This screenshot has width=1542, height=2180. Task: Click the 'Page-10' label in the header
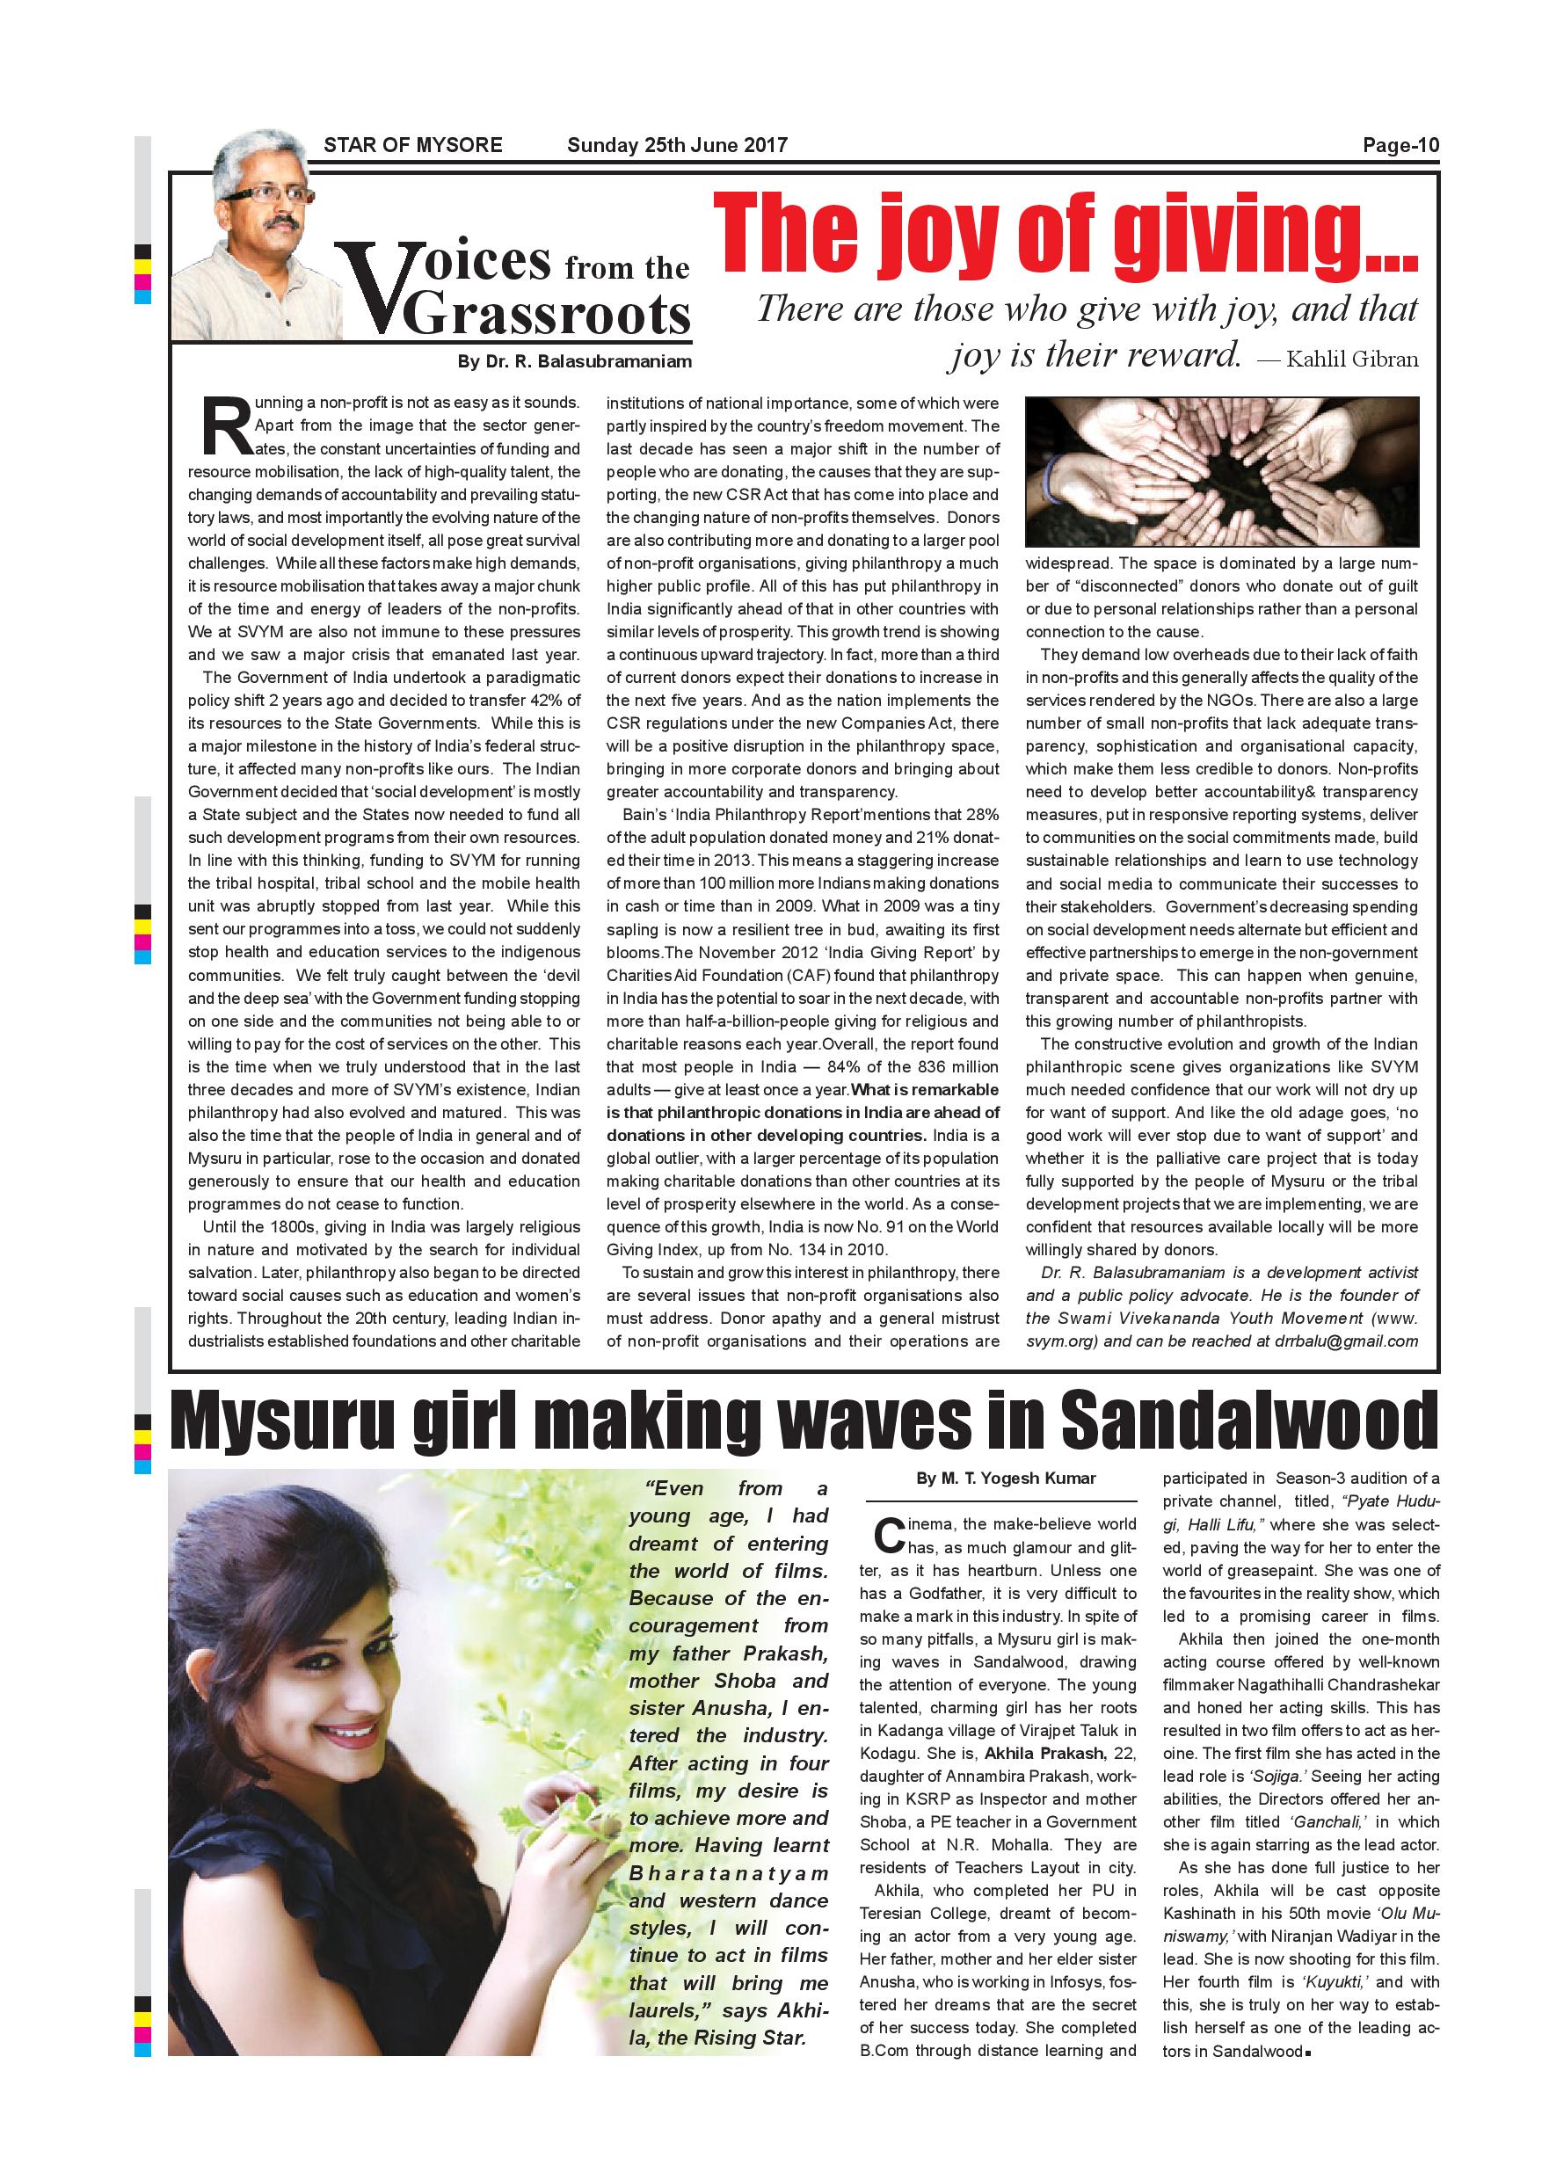coord(1400,145)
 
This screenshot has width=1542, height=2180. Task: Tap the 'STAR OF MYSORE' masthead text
coord(413,145)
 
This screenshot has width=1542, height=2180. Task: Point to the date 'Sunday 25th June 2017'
coord(677,145)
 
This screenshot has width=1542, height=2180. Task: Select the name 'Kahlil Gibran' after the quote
coord(1352,359)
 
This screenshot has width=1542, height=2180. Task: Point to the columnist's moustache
coord(281,223)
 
